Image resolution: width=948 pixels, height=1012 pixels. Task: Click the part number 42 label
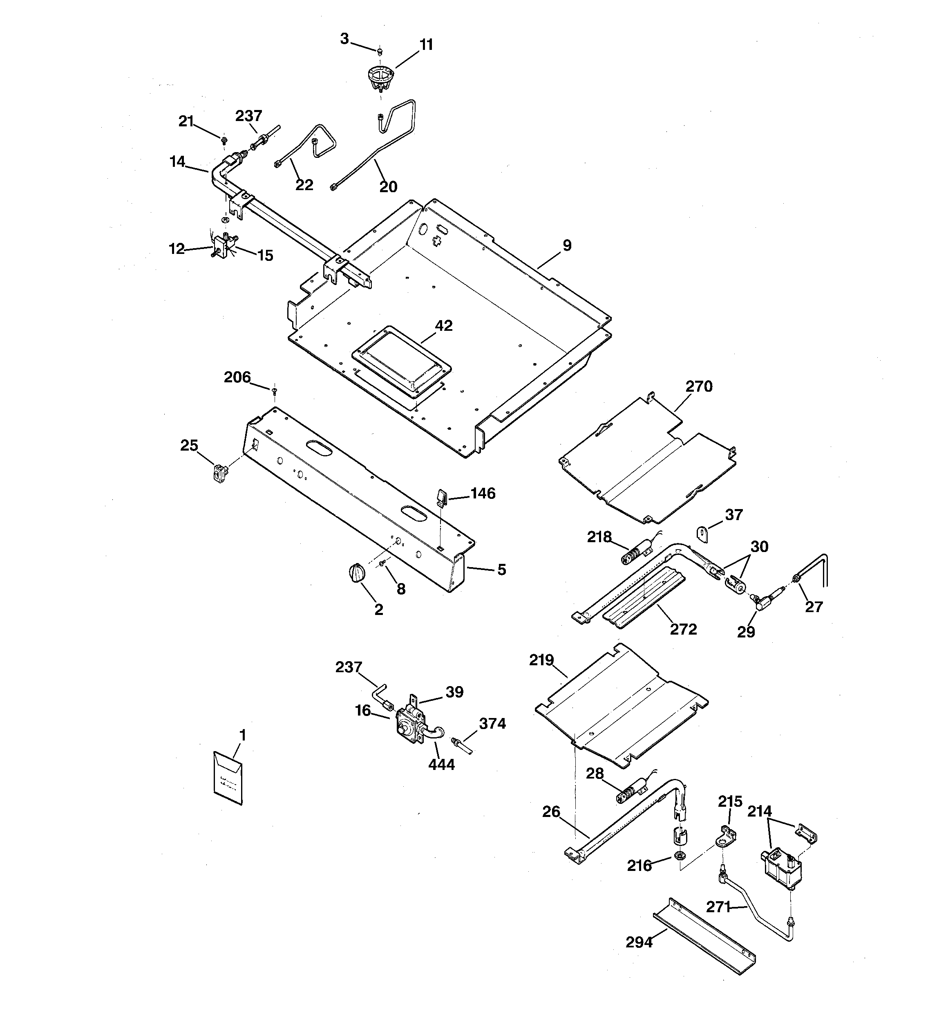click(444, 326)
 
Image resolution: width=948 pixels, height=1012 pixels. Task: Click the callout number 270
click(699, 387)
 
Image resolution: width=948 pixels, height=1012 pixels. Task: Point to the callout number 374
click(492, 723)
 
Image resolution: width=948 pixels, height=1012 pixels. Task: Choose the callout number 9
click(567, 245)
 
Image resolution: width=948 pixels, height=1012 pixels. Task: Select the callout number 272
click(683, 630)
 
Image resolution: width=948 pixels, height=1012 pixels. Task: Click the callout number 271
click(718, 907)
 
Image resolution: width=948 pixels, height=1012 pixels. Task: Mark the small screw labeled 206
click(274, 390)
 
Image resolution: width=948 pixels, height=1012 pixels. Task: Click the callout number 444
click(441, 765)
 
